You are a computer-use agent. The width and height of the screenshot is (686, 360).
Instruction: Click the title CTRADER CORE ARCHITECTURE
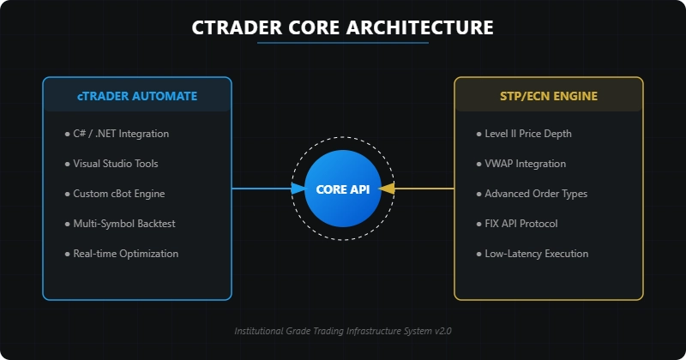click(x=343, y=27)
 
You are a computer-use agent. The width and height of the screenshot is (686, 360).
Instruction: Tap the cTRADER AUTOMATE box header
click(x=137, y=95)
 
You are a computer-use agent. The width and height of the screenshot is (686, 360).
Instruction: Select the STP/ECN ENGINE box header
click(x=549, y=95)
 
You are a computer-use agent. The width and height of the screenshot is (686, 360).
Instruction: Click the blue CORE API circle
click(x=343, y=189)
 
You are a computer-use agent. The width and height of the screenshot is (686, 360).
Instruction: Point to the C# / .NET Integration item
click(x=121, y=134)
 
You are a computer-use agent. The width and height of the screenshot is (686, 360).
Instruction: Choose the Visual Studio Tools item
click(x=116, y=164)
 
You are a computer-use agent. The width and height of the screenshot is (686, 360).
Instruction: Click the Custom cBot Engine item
click(x=119, y=194)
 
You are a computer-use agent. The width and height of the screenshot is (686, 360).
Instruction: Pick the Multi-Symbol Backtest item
click(x=124, y=224)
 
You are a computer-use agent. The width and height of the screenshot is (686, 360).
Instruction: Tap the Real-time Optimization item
click(x=126, y=254)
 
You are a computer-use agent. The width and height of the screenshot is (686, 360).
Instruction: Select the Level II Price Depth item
click(x=528, y=134)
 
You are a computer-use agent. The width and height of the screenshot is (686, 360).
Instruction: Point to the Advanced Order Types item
click(x=536, y=194)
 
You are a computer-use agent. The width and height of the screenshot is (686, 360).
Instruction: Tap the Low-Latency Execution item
click(x=537, y=254)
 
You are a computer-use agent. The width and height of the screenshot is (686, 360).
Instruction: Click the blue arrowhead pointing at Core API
click(x=298, y=189)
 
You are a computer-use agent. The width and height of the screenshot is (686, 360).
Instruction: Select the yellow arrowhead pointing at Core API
click(x=387, y=189)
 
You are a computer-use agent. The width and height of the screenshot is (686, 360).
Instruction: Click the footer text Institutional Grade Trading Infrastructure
click(x=343, y=330)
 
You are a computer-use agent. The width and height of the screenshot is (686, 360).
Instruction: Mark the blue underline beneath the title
click(x=343, y=43)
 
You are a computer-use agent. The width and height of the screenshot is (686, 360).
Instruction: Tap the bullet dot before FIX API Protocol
click(x=478, y=224)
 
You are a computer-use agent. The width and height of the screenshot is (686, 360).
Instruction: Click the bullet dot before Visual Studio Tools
click(x=67, y=164)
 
